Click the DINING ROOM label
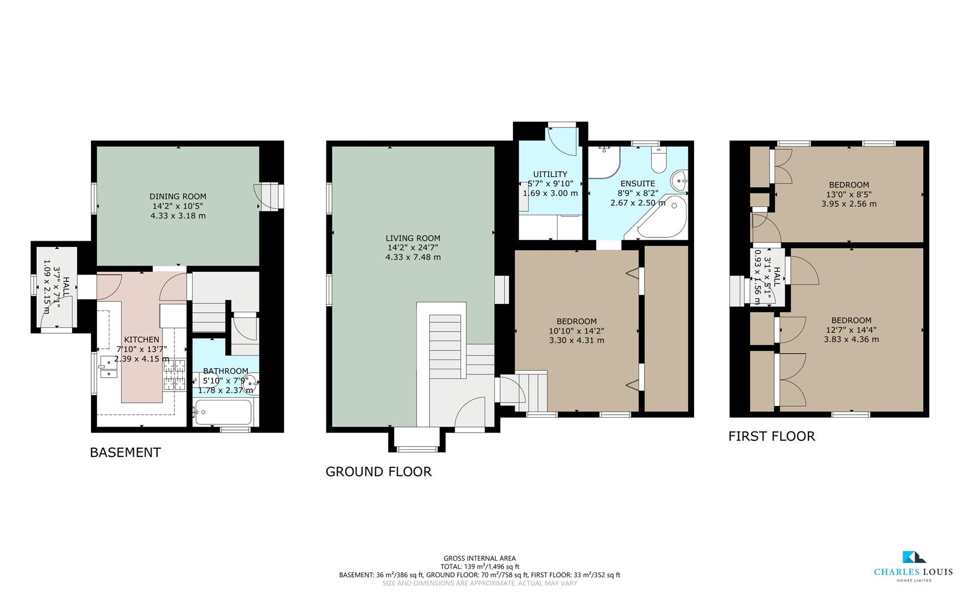click(178, 196)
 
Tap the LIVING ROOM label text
click(413, 238)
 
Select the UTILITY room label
click(550, 174)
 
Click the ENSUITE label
click(637, 184)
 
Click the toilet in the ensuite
click(659, 161)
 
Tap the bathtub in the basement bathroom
click(223, 413)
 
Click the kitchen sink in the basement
click(108, 368)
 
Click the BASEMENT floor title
click(125, 453)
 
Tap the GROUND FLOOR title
click(378, 472)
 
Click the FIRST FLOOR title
click(771, 436)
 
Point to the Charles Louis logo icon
click(913, 557)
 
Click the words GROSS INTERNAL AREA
click(479, 559)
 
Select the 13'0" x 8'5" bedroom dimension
click(849, 195)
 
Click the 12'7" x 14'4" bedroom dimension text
click(851, 330)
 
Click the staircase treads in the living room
click(445, 347)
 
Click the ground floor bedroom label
click(576, 321)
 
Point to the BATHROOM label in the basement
click(225, 371)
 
